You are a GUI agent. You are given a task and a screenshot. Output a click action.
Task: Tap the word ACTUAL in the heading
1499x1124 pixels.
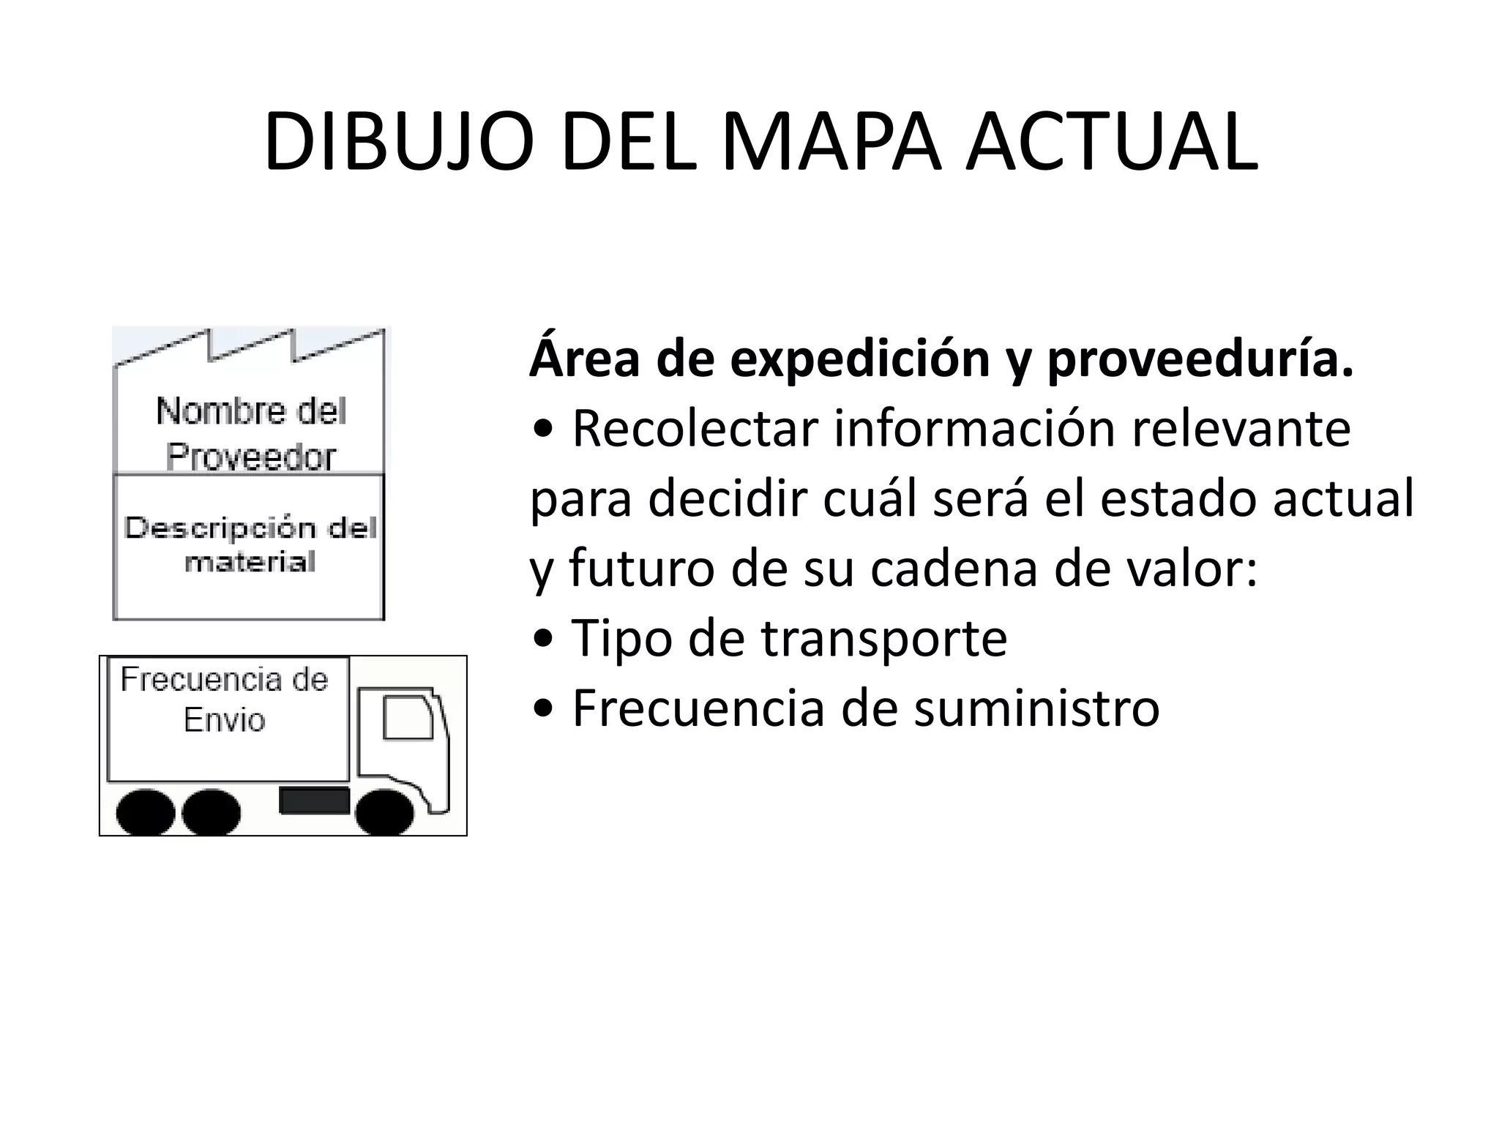click(x=1112, y=142)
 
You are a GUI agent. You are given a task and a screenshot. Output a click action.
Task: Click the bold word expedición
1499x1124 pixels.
click(x=860, y=360)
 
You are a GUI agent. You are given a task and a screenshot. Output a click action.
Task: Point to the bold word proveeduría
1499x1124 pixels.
click(x=1200, y=360)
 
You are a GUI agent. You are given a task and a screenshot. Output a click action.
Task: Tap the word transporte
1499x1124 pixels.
click(x=884, y=639)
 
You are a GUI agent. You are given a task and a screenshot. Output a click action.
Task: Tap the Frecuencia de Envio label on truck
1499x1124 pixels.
click(x=224, y=700)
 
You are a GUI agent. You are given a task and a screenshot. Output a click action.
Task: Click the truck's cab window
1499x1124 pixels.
click(x=408, y=718)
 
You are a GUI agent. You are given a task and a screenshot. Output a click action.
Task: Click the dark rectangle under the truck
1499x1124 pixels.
click(x=314, y=801)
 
